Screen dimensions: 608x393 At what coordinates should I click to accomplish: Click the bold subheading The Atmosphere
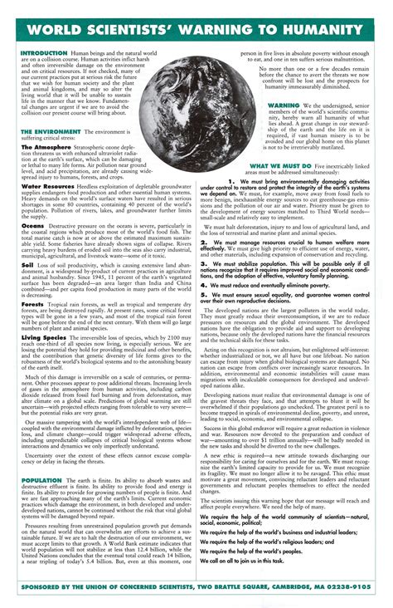pos(46,147)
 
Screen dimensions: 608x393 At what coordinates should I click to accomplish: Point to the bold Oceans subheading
pos(32,225)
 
